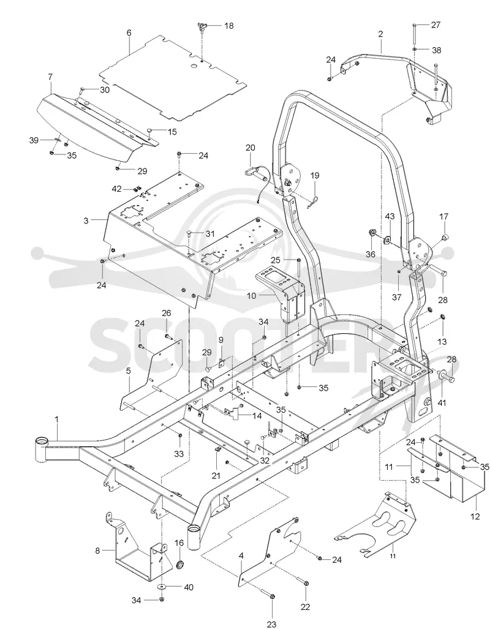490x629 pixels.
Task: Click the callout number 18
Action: tap(228, 26)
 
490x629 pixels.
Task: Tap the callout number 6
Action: tap(129, 33)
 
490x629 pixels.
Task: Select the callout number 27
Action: tap(436, 25)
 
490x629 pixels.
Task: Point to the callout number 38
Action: tap(436, 50)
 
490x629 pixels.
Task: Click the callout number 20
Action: tap(250, 148)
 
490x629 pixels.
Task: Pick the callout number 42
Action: tap(116, 189)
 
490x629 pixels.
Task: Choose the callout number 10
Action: tap(251, 296)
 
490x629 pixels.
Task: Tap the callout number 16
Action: tap(179, 543)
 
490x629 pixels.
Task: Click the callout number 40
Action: tap(188, 587)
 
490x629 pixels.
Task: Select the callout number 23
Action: tap(272, 623)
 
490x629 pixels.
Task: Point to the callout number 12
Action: tap(475, 517)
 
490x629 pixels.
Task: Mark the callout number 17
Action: tap(443, 217)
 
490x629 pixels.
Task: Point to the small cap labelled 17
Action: tap(445, 238)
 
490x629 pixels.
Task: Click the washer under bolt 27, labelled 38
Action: tap(414, 50)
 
